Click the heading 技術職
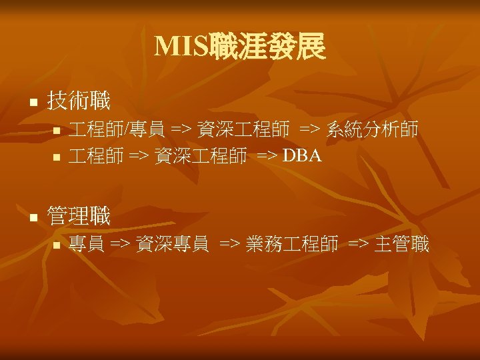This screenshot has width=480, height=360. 79,101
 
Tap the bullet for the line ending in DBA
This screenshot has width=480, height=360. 57,158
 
